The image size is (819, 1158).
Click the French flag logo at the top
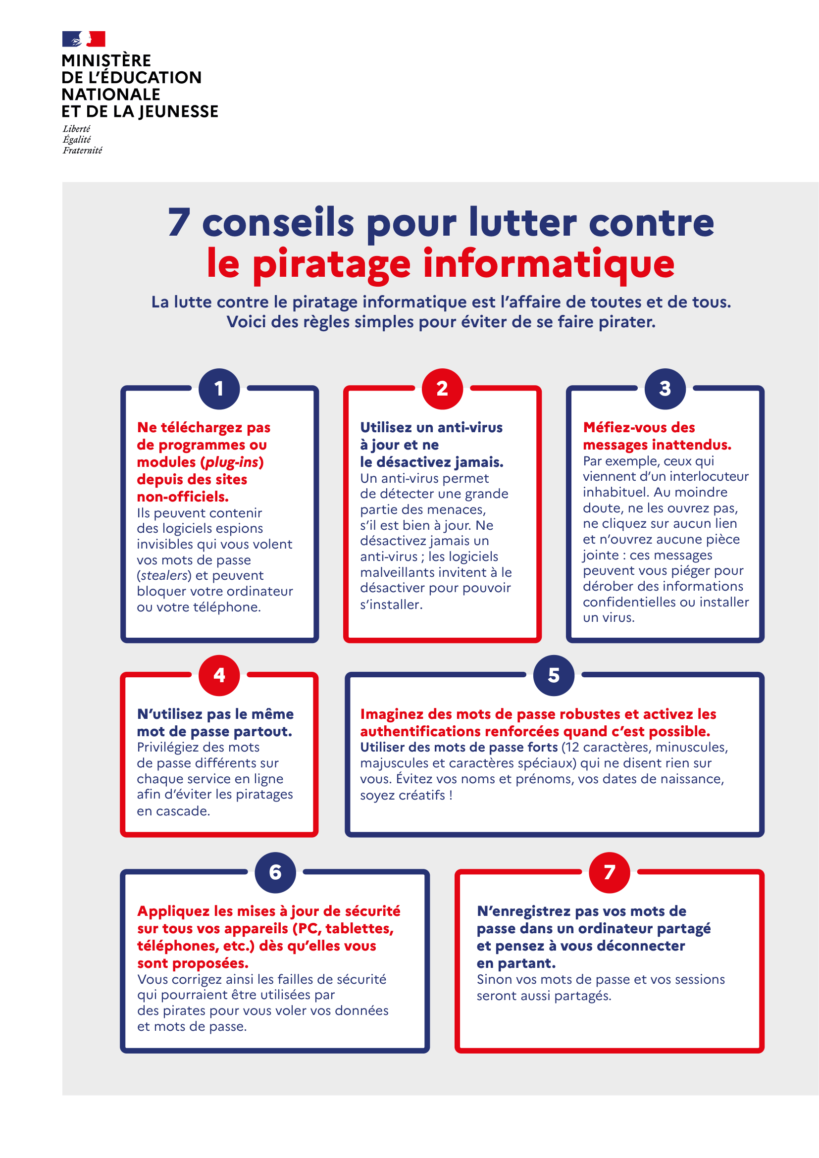[84, 39]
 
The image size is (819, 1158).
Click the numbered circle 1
[219, 388]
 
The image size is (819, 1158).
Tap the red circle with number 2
[442, 388]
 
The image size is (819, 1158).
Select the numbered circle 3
[665, 388]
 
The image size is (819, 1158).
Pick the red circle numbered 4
[219, 675]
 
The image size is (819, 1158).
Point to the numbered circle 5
[554, 675]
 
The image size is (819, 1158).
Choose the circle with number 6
[275, 872]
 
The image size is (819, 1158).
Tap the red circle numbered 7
[609, 872]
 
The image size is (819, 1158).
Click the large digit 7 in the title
[179, 222]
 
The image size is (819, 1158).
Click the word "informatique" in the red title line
[549, 263]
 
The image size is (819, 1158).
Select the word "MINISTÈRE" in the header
[106, 60]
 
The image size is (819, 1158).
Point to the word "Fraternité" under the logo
[82, 151]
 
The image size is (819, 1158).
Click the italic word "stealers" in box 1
[164, 575]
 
